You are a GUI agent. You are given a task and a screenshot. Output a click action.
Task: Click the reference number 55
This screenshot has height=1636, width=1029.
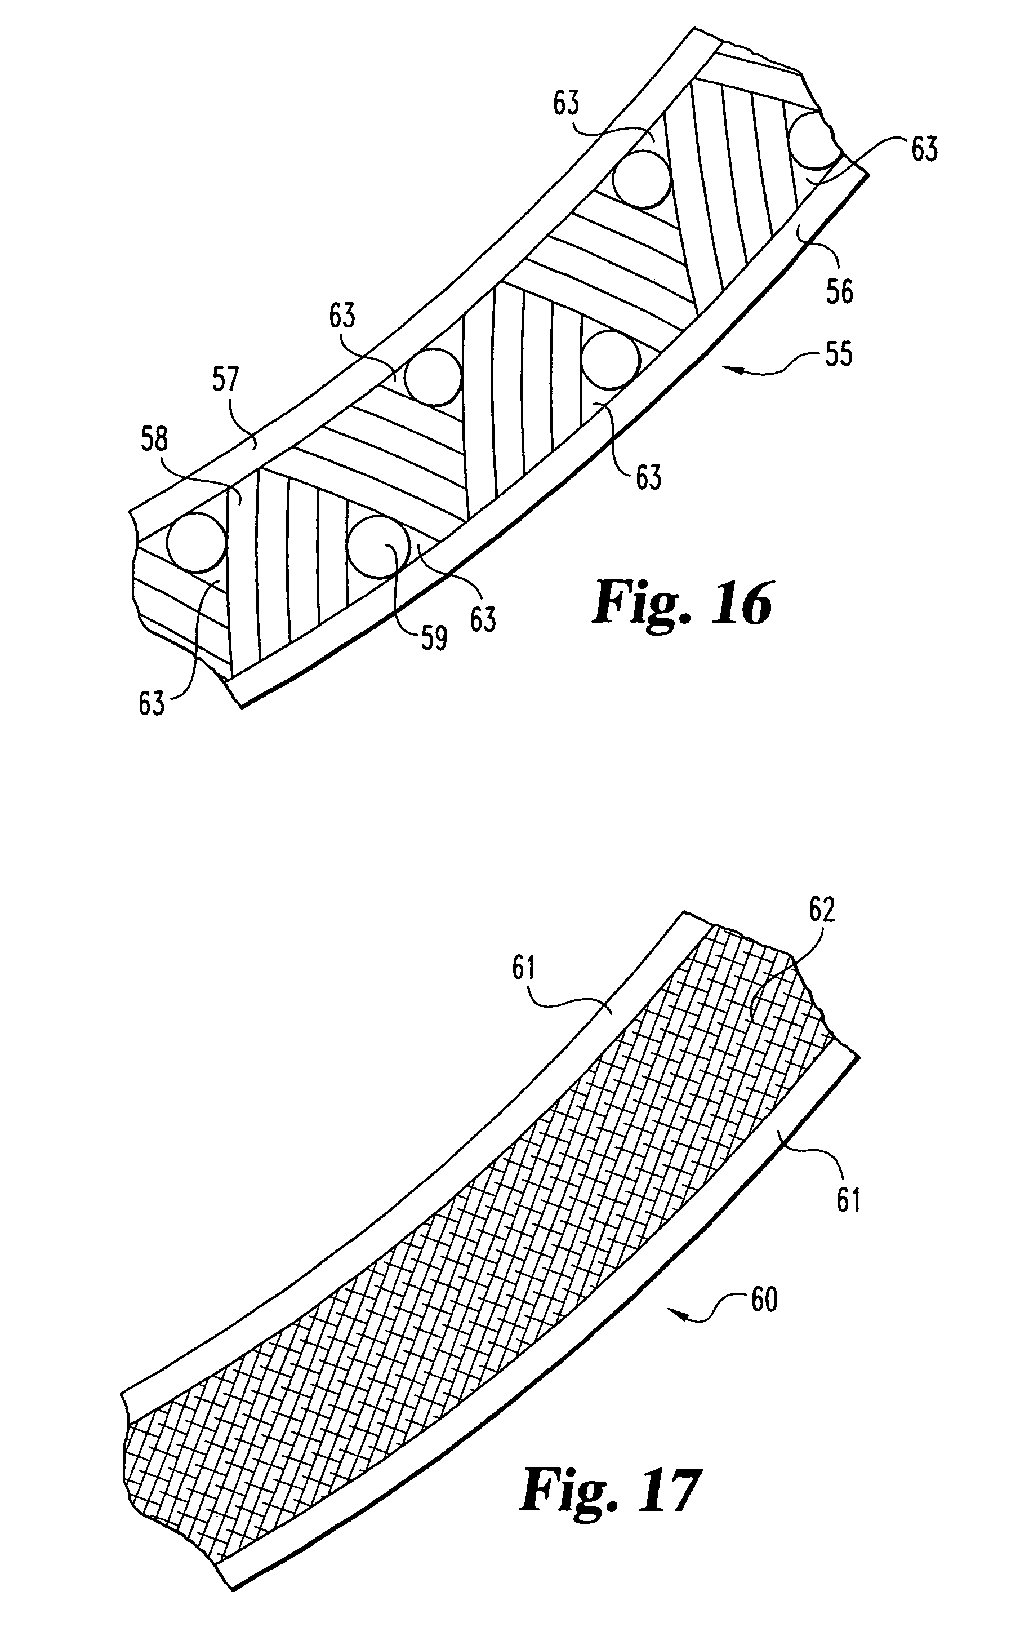838,354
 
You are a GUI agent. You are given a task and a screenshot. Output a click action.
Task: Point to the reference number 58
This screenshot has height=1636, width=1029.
154,440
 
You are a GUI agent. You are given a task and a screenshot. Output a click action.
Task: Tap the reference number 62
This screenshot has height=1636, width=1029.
821,910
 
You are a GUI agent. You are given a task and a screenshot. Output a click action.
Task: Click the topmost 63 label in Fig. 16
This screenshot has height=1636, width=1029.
567,103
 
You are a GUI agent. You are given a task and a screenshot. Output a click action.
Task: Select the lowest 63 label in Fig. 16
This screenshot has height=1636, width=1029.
152,703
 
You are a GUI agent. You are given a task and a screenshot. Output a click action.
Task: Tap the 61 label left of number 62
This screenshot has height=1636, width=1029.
525,968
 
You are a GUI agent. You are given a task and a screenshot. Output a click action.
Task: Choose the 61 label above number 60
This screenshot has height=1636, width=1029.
848,1200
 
